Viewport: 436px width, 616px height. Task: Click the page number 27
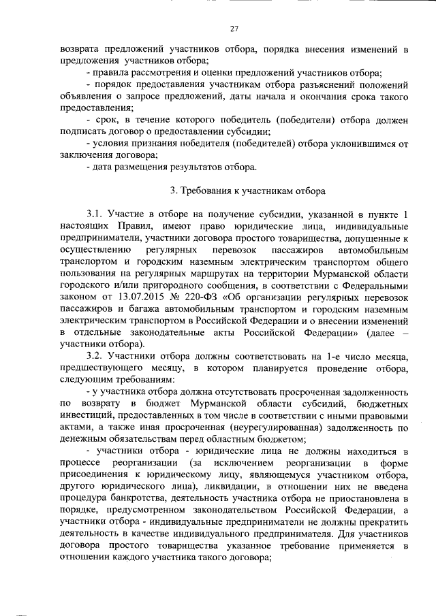(233, 29)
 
